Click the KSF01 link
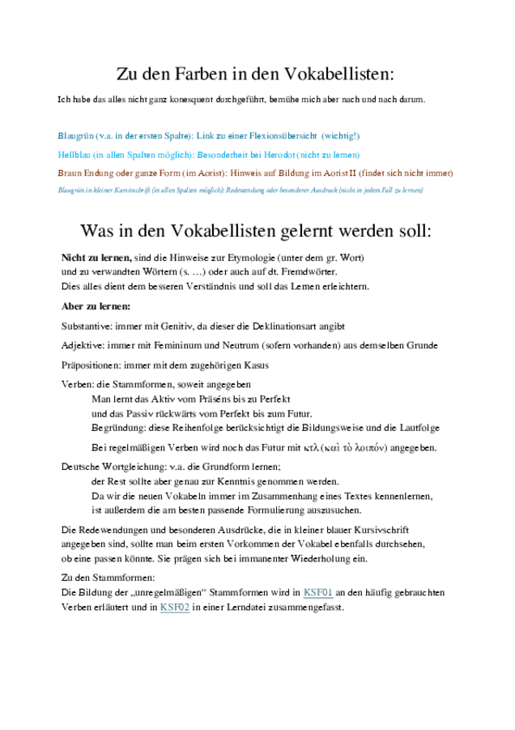coord(317,592)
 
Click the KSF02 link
coord(175,606)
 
